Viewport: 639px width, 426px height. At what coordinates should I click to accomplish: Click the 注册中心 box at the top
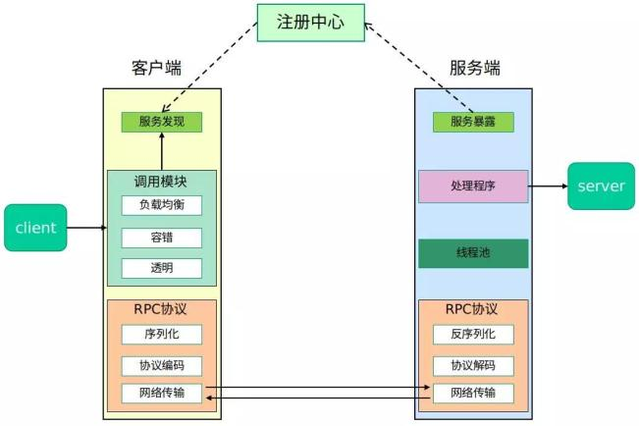point(310,22)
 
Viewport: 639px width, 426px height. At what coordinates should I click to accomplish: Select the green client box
point(35,228)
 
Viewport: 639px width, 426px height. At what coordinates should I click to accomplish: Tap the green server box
point(601,186)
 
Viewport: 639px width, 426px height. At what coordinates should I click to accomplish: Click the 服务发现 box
point(162,123)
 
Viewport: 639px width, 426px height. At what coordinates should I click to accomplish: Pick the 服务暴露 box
point(473,123)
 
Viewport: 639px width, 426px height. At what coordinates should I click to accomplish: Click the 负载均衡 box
point(162,205)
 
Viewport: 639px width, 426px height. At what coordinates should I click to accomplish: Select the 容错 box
point(162,237)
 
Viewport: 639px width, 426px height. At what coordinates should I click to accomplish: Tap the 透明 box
point(162,268)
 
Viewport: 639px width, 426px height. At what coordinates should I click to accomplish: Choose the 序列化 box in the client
point(162,334)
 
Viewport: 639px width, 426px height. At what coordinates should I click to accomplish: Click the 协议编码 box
point(162,365)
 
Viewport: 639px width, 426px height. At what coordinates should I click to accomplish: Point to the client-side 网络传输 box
point(162,394)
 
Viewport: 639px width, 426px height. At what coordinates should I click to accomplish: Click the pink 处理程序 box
point(473,186)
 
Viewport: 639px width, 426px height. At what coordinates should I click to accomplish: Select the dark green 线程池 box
point(473,253)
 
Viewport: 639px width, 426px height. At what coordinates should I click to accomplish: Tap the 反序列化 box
point(473,334)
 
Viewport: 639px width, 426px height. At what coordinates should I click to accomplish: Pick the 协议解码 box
point(473,365)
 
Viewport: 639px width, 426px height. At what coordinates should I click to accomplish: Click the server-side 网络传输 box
point(473,394)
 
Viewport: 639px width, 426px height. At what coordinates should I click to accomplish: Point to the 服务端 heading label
point(475,68)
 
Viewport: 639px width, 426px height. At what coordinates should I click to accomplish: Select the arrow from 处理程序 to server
point(547,186)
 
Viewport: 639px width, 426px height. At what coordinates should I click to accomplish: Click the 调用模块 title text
point(161,182)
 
